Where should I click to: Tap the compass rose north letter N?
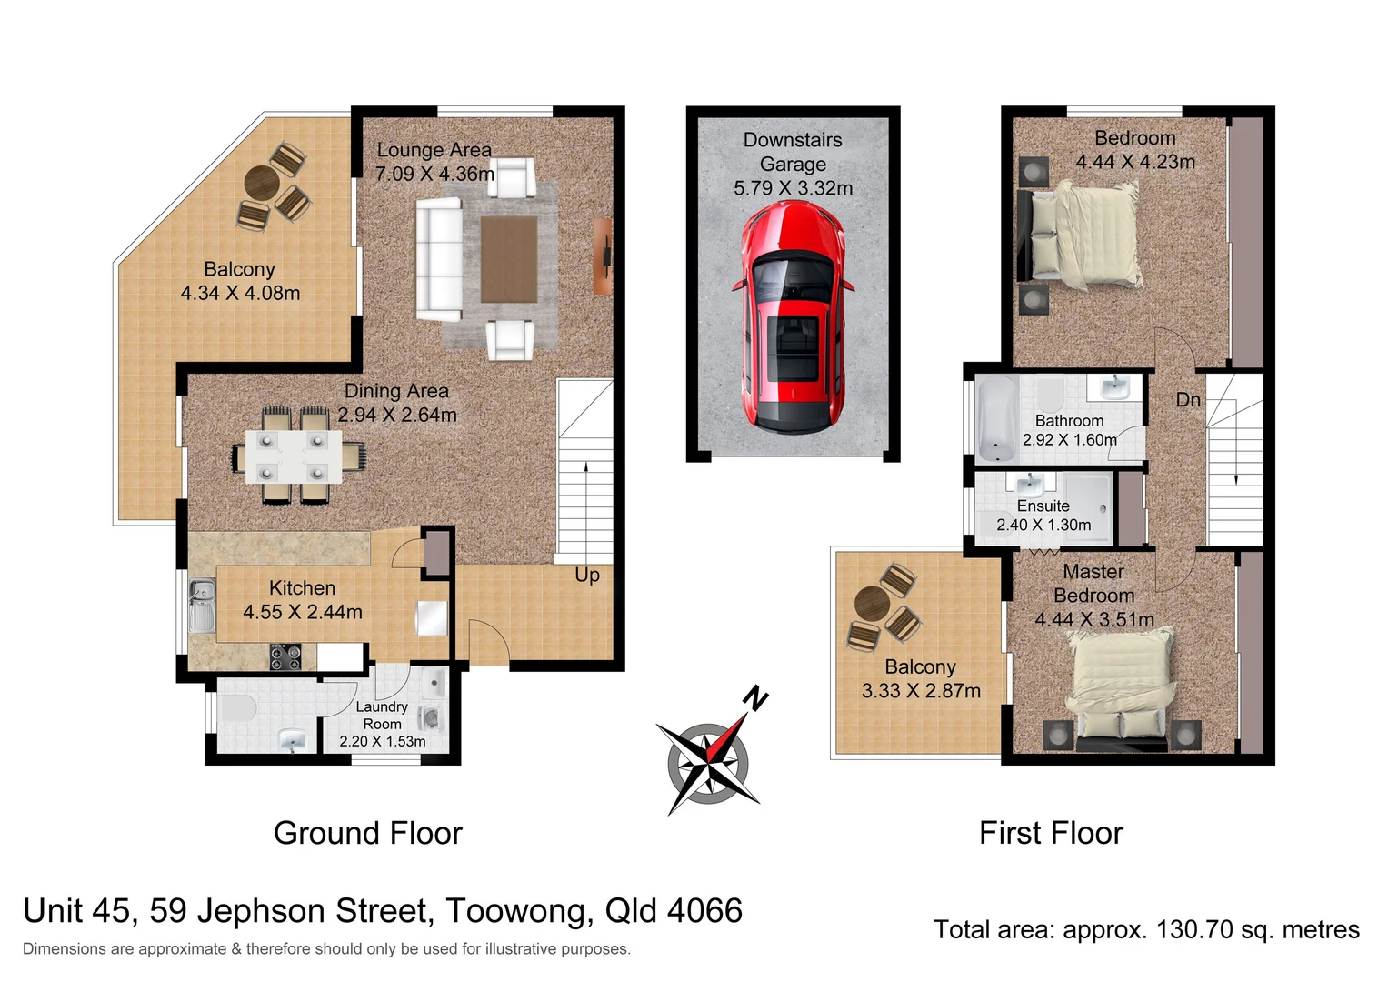coord(755,698)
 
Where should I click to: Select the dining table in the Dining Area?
coord(292,456)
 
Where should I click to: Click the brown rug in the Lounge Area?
coord(508,259)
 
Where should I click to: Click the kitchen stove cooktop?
coord(285,656)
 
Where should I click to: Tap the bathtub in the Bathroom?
coord(996,419)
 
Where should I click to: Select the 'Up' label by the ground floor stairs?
coord(587,576)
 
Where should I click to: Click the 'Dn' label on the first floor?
coord(1188,400)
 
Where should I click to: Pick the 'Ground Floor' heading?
coord(367,833)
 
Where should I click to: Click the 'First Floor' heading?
coord(1051,833)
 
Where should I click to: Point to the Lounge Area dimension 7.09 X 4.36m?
coord(434,174)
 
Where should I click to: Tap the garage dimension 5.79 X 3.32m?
coord(793,188)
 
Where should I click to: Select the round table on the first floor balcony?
coord(873,602)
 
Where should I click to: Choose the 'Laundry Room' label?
coord(382,716)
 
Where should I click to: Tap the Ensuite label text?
coord(1043,506)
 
